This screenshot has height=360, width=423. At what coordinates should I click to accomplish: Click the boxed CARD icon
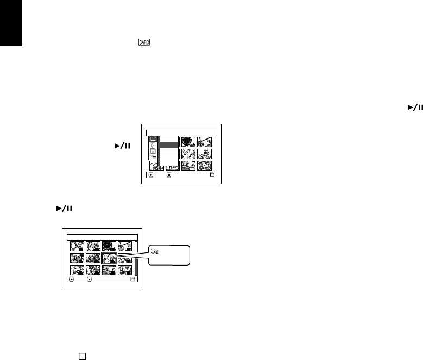pyautogui.click(x=144, y=42)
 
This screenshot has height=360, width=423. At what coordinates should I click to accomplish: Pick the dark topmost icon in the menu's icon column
pyautogui.click(x=154, y=140)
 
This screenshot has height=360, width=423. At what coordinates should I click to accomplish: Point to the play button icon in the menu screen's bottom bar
pyautogui.click(x=150, y=175)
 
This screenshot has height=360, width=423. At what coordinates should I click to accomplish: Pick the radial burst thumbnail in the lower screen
pyautogui.click(x=109, y=246)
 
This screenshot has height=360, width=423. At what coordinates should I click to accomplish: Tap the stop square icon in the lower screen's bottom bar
pyautogui.click(x=89, y=280)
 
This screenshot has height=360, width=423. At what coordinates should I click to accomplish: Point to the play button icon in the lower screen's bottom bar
pyautogui.click(x=71, y=280)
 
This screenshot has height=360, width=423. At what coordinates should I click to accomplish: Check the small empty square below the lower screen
pyautogui.click(x=82, y=356)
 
